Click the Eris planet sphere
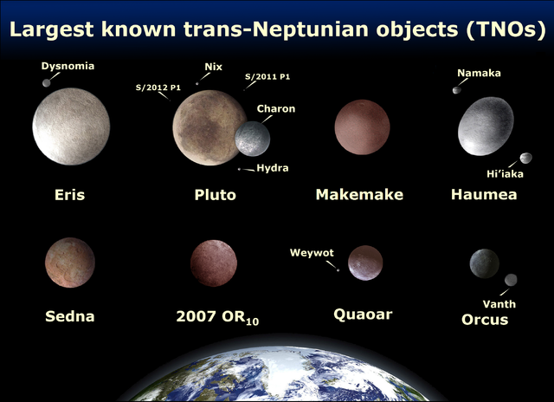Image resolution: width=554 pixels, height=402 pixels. coord(71,128)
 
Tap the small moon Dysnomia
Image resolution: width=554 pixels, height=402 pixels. coord(46,83)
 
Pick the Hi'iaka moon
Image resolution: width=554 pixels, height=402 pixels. coord(525,158)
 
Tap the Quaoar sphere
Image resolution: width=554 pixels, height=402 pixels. coord(364,263)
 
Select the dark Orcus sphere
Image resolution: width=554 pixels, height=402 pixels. coord(483,263)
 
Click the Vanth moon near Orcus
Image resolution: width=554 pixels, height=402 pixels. coord(511,280)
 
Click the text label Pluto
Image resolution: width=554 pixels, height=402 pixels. coord(215,195)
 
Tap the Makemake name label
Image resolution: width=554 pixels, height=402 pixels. coord(359,195)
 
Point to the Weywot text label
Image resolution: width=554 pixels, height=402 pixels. coord(311,253)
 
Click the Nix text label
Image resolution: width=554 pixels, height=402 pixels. coord(213,67)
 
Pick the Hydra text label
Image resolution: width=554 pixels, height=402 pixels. coord(273,168)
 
